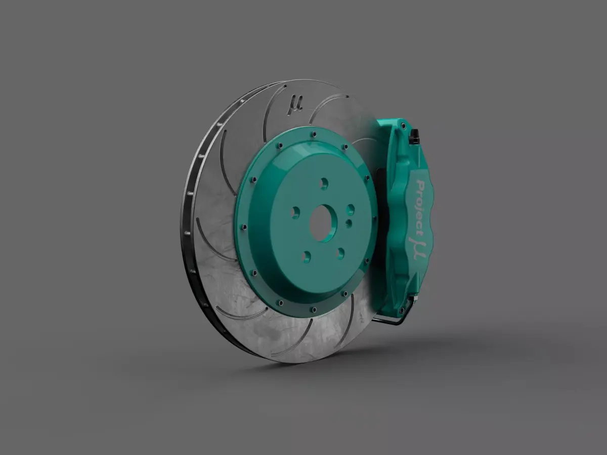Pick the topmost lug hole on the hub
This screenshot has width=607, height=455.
[324, 184]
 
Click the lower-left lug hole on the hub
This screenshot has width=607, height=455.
[305, 256]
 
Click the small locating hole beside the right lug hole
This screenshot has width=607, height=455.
[348, 222]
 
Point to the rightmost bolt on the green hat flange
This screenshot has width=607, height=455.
[374, 219]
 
